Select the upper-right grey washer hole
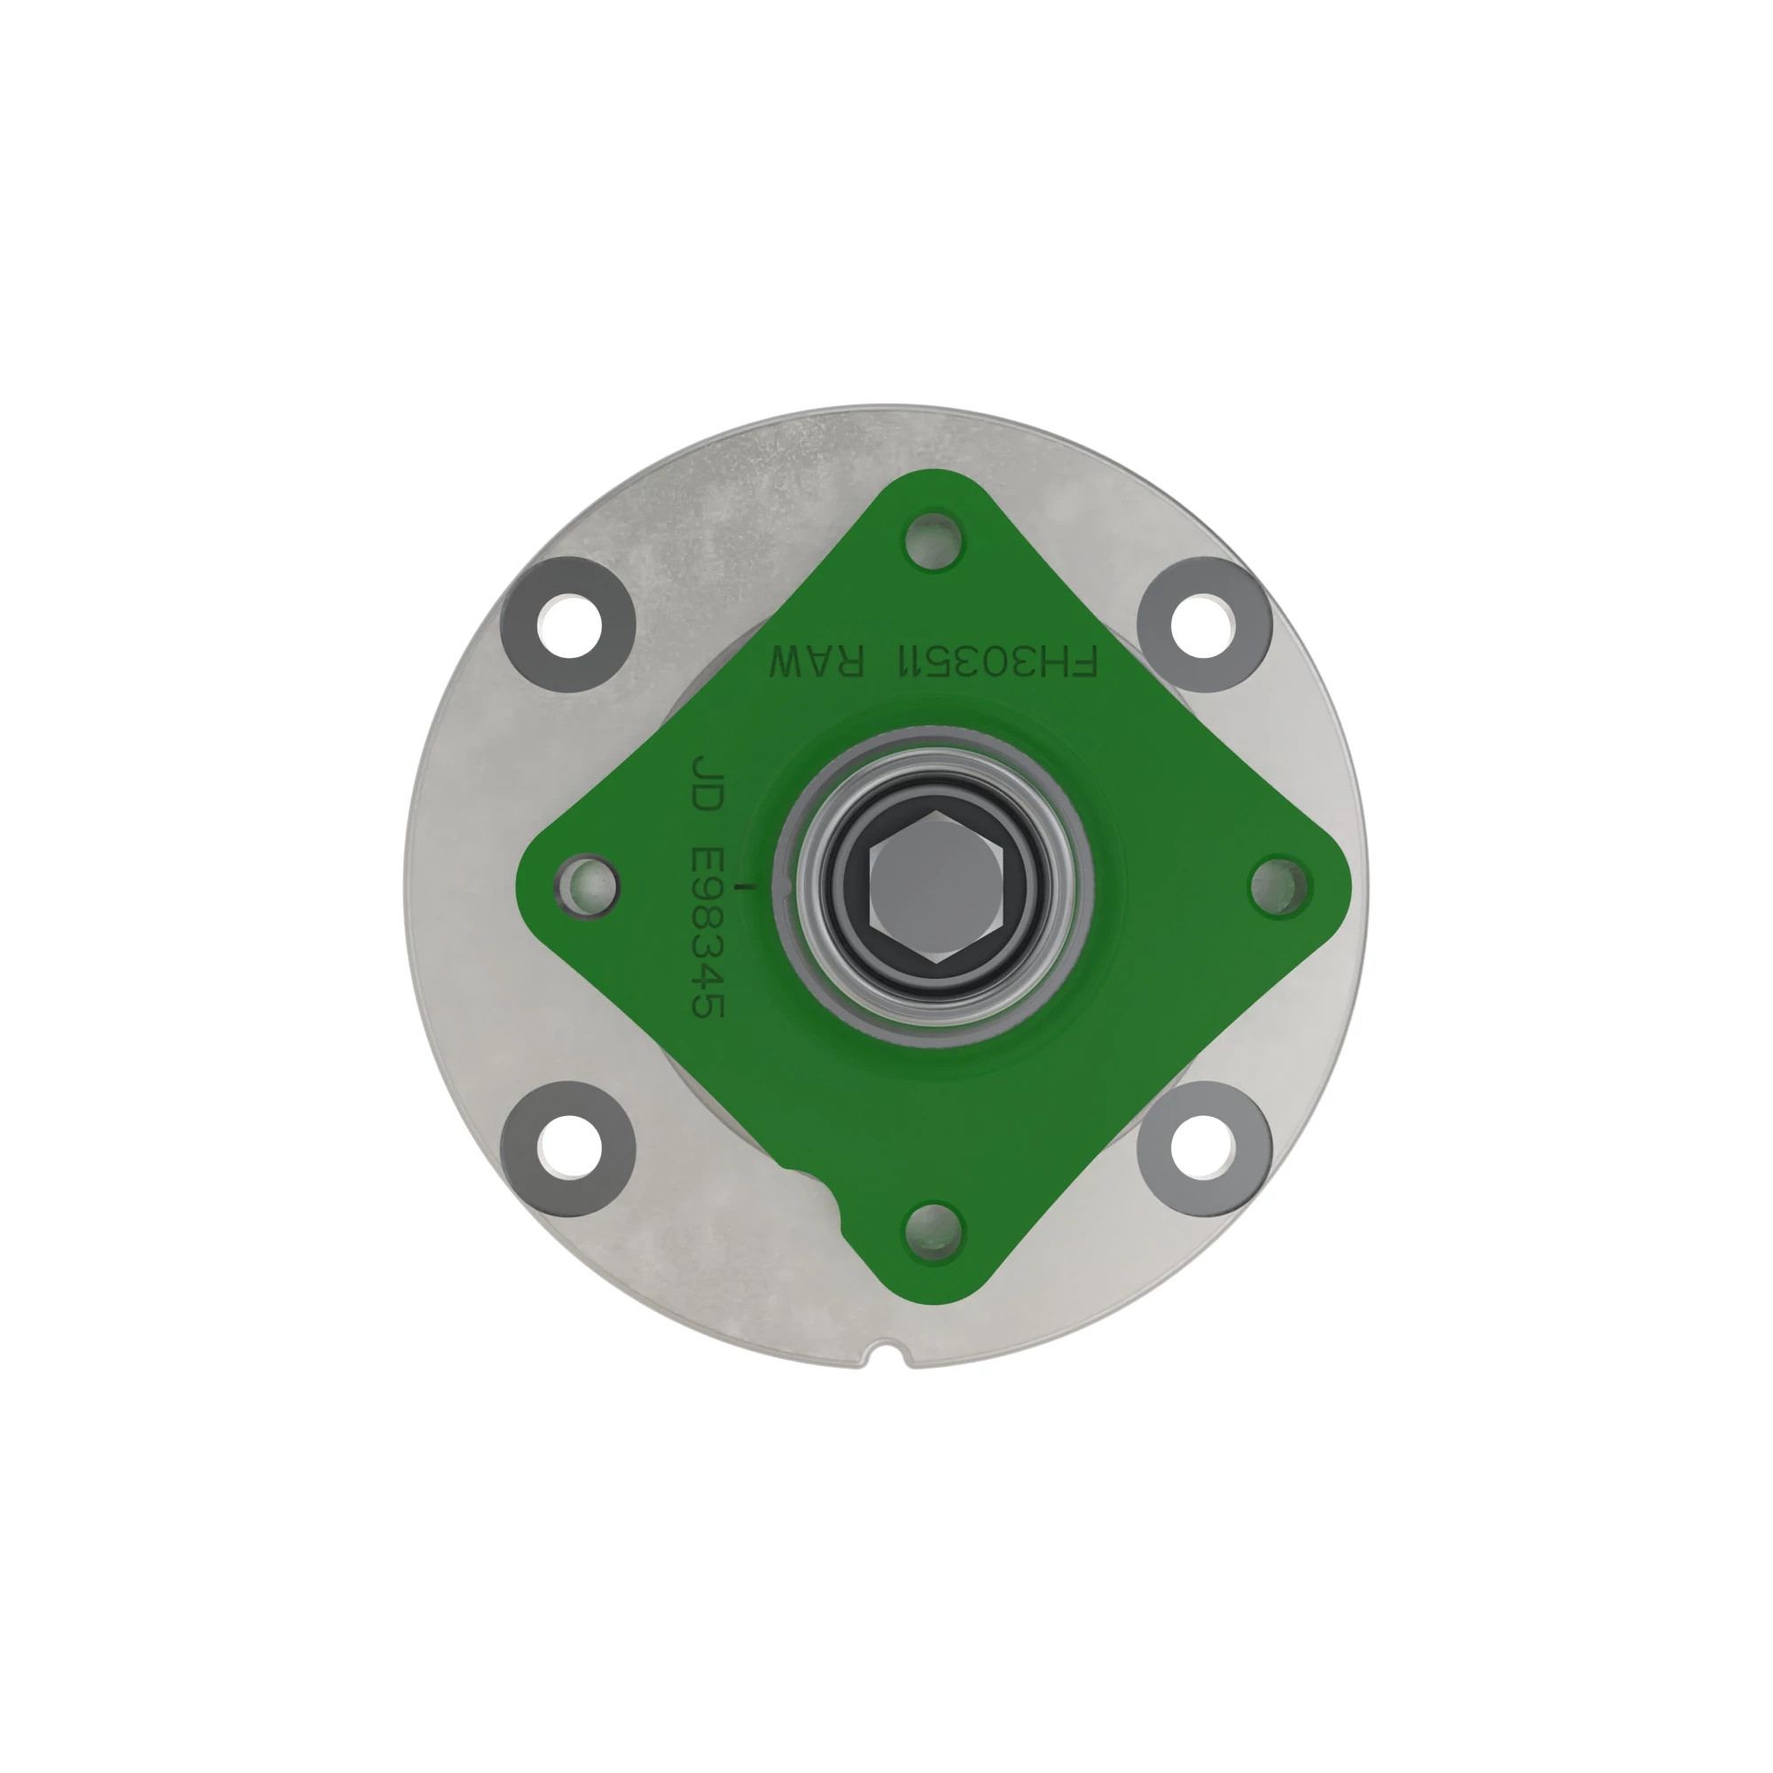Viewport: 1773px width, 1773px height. [x=1202, y=625]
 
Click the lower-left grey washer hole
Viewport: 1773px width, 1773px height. [x=569, y=1148]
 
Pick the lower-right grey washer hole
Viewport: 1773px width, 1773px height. [x=1202, y=1148]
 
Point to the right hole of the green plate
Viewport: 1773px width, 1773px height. [x=1279, y=886]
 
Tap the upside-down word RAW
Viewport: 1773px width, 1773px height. [x=816, y=661]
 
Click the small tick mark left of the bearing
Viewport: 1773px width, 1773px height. [x=753, y=886]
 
